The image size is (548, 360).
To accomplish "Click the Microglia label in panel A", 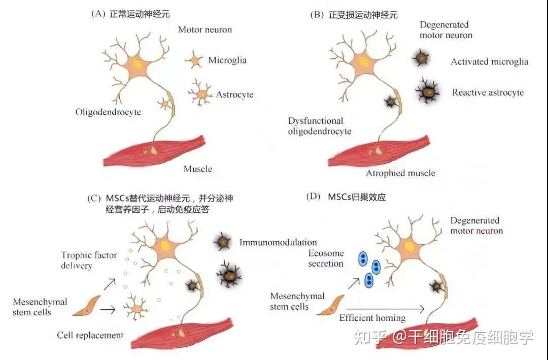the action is tap(227, 60).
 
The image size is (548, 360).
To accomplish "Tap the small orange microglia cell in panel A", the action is tap(195, 60).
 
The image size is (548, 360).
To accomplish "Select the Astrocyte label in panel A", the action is tap(234, 94).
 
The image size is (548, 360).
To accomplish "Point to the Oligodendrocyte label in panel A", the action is tap(108, 112).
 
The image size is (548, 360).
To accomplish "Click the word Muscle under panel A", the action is tap(198, 169).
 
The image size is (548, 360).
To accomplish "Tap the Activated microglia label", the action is tap(489, 62).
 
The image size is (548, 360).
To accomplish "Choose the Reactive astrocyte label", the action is tap(488, 92).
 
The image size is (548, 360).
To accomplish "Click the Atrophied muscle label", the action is tap(400, 173).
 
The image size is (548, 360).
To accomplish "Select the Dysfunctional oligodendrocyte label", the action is tap(320, 126).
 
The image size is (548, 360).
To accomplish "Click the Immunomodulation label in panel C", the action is tap(278, 243).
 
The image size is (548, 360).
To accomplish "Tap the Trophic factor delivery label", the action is tap(89, 260).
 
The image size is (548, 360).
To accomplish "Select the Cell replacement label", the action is tap(90, 335).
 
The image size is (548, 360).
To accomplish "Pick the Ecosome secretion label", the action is tap(326, 258).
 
